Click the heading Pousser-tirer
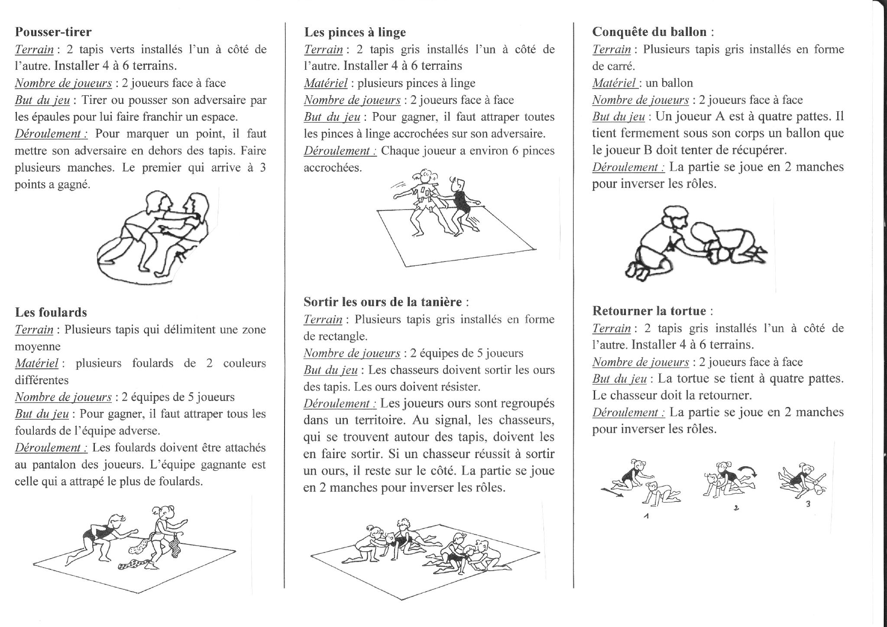tap(53, 32)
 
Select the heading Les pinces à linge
tap(355, 32)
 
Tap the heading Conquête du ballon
tap(649, 32)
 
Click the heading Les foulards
tap(51, 312)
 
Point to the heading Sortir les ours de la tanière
tap(382, 302)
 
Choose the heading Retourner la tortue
tap(649, 310)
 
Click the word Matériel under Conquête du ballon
tap(614, 83)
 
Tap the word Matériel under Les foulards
tap(36, 363)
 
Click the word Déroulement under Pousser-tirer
tap(51, 134)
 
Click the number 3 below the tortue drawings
tap(808, 504)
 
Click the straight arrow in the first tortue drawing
tap(612, 492)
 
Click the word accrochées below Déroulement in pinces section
tap(333, 168)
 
